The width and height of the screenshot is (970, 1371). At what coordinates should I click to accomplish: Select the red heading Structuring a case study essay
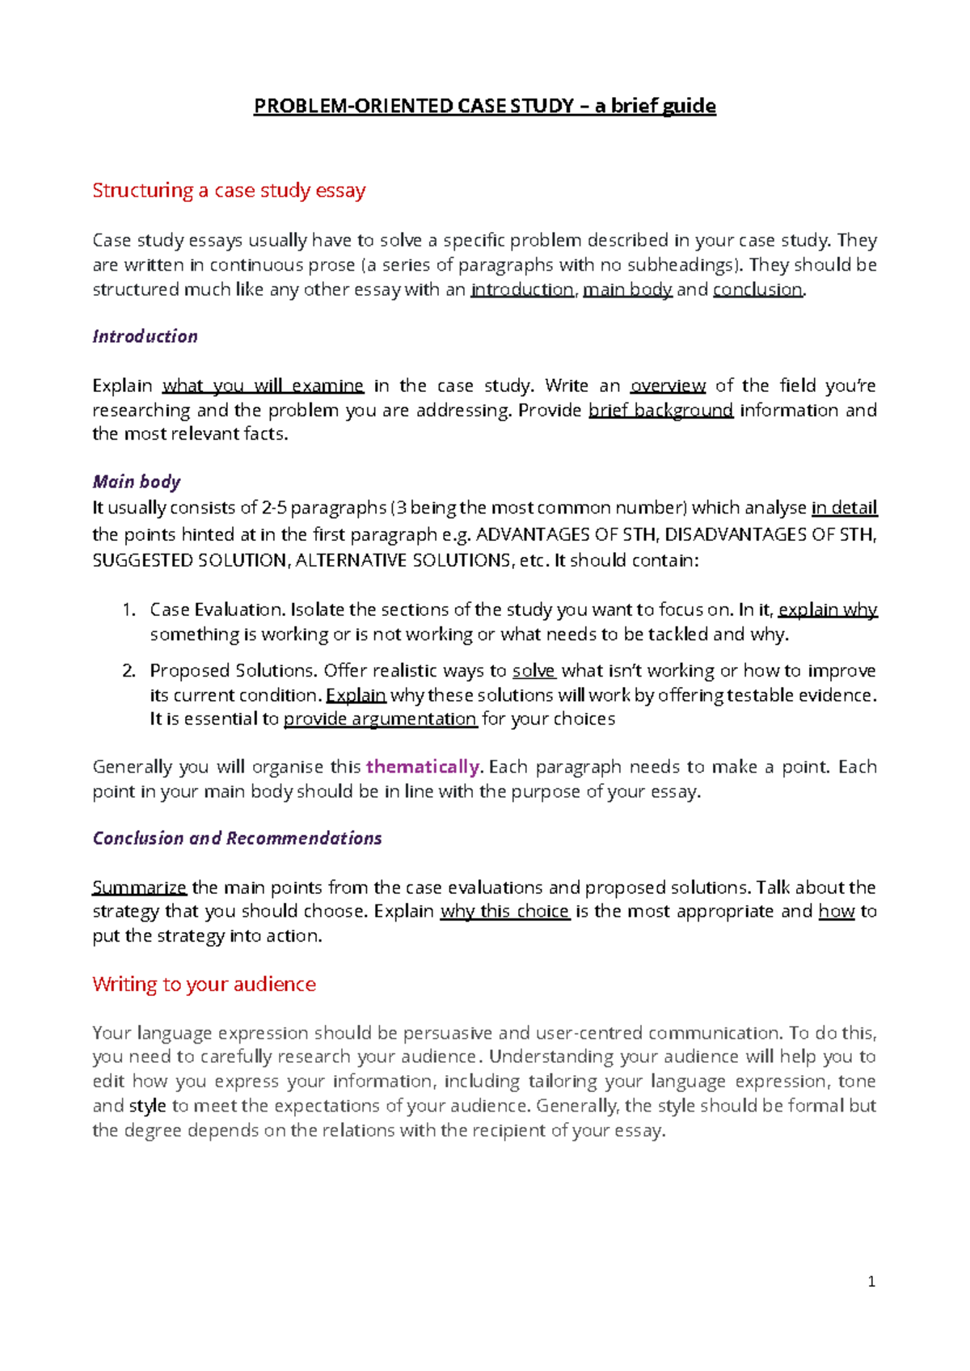(229, 191)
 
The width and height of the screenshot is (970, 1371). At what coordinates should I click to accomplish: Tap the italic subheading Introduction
(145, 336)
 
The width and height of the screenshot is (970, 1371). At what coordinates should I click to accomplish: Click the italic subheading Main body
(136, 482)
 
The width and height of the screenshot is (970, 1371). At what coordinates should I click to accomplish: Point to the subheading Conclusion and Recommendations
(237, 838)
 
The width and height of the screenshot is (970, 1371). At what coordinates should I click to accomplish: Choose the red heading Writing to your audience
(204, 985)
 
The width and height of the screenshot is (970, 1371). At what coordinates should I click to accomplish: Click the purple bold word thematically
(423, 766)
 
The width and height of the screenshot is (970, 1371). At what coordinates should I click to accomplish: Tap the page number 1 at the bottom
(871, 1281)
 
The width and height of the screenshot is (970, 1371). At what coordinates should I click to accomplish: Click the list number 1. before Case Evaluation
(129, 610)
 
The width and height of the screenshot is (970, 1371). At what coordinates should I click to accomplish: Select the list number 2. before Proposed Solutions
(129, 670)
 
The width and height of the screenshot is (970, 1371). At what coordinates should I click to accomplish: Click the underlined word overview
(668, 386)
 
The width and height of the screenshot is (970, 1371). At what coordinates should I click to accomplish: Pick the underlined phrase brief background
(660, 410)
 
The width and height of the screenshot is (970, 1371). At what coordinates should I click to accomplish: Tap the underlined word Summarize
(139, 888)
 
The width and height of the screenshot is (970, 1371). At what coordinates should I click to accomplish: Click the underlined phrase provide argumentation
(380, 719)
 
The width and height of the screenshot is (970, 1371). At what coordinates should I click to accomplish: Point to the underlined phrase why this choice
(504, 911)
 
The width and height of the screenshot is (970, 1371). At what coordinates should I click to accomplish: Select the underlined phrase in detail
(844, 508)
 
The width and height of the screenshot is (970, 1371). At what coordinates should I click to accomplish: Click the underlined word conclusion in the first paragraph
(757, 289)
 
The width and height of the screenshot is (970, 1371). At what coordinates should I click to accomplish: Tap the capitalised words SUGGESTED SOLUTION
(188, 560)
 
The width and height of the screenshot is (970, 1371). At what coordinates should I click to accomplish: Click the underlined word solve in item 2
(533, 671)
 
